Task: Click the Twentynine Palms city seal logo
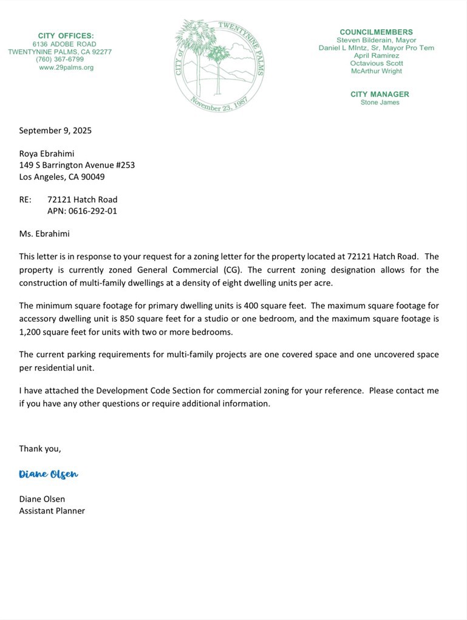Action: pos(220,66)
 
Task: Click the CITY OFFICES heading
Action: pos(66,36)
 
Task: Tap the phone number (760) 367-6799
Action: pos(60,60)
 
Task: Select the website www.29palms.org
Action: pos(66,67)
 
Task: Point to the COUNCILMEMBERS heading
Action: pos(376,32)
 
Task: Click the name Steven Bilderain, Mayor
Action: pos(376,40)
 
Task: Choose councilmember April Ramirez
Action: pos(377,55)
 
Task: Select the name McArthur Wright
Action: pos(377,71)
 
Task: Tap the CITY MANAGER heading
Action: pos(380,94)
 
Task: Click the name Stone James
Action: pos(380,103)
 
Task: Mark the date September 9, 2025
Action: pos(55,131)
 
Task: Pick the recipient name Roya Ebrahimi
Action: pos(47,154)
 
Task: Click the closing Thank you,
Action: pos(40,449)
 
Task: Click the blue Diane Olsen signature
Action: pos(49,474)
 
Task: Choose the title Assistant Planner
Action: pos(52,511)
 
